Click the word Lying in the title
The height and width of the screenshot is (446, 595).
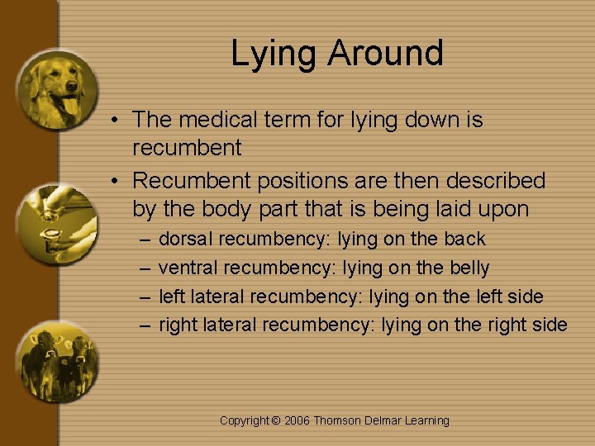pyautogui.click(x=274, y=55)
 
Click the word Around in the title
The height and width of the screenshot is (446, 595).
pyautogui.click(x=386, y=53)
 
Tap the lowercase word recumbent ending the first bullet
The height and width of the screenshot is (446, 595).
pyautogui.click(x=187, y=149)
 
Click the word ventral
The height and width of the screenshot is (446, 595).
pyautogui.click(x=188, y=268)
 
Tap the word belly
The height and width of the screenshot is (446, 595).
pyautogui.click(x=468, y=268)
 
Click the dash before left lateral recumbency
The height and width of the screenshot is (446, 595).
pyautogui.click(x=145, y=297)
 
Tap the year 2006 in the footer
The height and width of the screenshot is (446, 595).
pyautogui.click(x=297, y=421)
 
